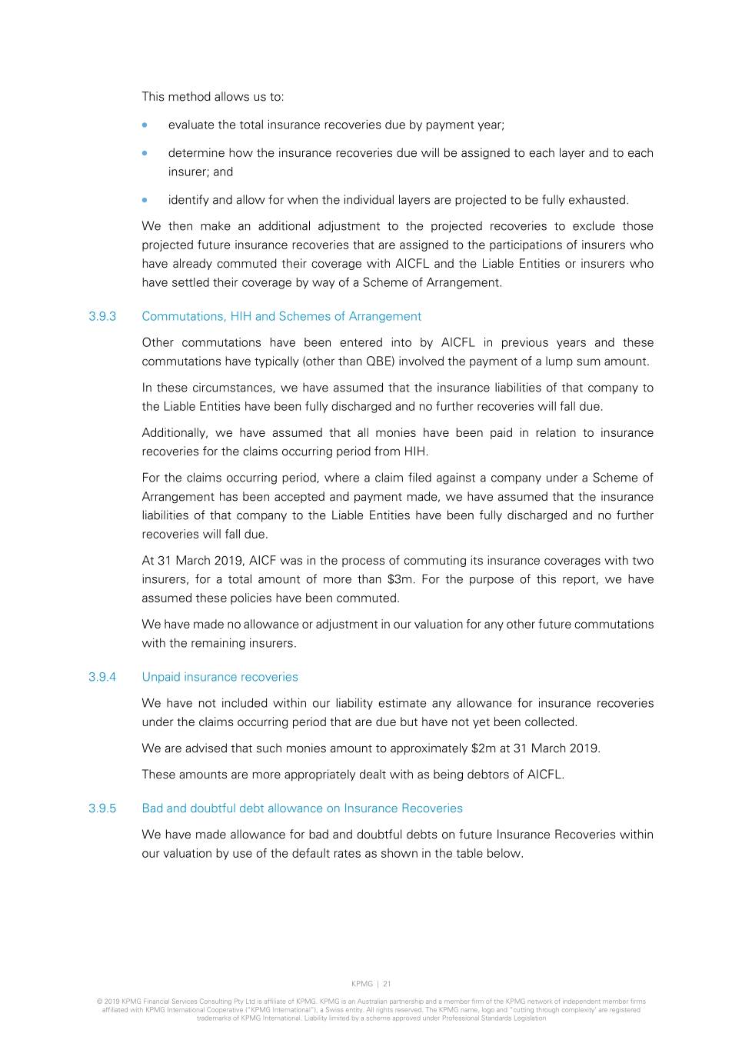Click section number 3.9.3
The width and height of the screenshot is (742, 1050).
[102, 316]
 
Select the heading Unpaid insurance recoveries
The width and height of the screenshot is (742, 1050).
[220, 677]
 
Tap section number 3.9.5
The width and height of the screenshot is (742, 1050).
[102, 808]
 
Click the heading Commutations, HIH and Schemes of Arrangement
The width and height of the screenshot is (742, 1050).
[281, 316]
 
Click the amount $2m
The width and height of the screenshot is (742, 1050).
[484, 748]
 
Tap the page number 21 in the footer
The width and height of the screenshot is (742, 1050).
[387, 984]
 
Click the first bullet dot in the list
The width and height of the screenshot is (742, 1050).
[145, 125]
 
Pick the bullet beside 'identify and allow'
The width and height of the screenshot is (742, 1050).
[145, 200]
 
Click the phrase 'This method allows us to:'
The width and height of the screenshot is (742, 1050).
[213, 97]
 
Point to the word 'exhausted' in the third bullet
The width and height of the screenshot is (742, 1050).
[597, 200]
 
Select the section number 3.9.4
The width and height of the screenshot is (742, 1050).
[102, 677]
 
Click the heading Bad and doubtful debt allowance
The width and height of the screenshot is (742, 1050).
[302, 808]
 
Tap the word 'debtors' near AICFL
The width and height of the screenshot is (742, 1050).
[489, 775]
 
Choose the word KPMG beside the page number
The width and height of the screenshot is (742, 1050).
[361, 984]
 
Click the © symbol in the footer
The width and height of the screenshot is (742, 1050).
[99, 1002]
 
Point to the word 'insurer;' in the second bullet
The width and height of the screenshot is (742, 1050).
[188, 172]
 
